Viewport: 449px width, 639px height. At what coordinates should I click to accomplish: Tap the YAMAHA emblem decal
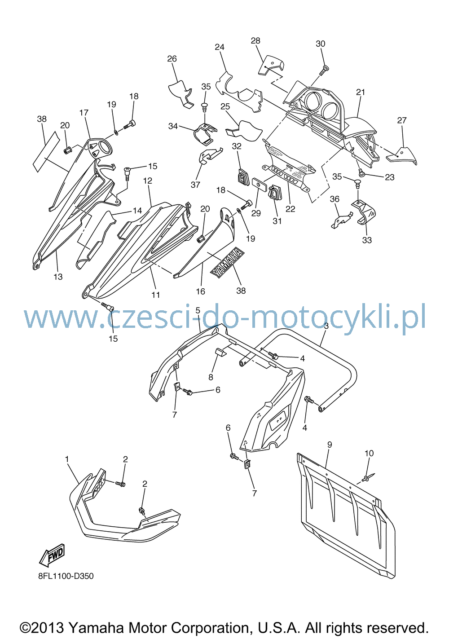point(227,262)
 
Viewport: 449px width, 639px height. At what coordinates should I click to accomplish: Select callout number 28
point(255,41)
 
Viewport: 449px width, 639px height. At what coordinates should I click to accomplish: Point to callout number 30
point(320,44)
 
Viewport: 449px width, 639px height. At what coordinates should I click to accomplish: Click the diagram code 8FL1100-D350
point(66,576)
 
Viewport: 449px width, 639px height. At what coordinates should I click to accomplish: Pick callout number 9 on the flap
point(330,445)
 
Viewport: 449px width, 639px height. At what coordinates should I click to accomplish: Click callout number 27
point(402,120)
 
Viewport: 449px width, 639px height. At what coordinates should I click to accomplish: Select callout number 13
point(58,277)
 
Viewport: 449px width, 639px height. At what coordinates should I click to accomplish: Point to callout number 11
point(155,295)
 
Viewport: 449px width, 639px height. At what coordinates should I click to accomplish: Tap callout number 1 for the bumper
point(67,459)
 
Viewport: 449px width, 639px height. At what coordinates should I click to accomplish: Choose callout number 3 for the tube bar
point(326,326)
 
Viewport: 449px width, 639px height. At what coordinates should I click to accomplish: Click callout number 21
point(361,92)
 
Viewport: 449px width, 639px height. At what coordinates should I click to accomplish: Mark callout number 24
point(220,47)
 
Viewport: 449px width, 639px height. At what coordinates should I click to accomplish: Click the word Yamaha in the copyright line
point(96,628)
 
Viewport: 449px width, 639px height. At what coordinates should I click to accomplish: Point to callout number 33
point(367,240)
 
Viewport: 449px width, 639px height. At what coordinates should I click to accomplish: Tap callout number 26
point(172,59)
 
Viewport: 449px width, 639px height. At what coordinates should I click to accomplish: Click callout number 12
point(147,181)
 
